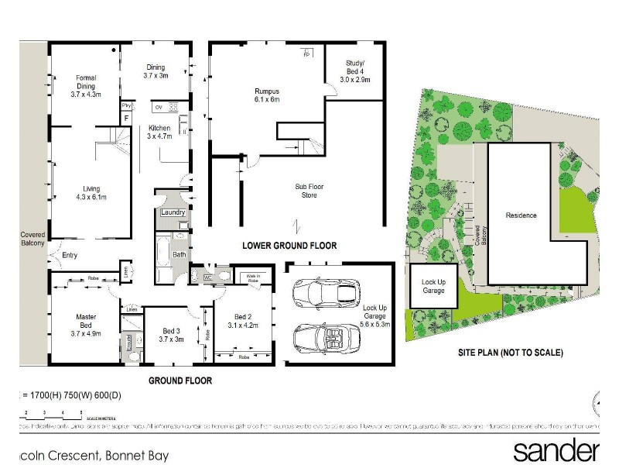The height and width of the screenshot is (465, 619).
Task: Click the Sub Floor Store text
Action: click(x=303, y=190)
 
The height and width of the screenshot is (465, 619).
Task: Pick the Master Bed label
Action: click(x=85, y=322)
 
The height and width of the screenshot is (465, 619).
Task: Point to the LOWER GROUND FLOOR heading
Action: click(x=289, y=246)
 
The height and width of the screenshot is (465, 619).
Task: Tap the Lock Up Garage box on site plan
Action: click(x=433, y=286)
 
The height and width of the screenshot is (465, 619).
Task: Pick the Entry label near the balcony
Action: click(x=70, y=255)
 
